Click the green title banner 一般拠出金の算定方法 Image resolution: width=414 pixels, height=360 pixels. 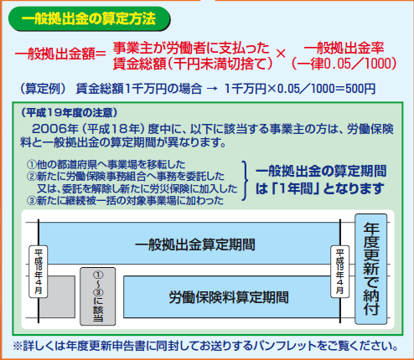click(90, 18)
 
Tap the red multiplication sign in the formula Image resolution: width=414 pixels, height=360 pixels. click(281, 54)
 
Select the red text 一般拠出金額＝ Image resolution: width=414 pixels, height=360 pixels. click(60, 54)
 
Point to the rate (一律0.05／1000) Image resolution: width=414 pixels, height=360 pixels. click(344, 64)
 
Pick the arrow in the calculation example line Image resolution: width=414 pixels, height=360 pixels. click(212, 89)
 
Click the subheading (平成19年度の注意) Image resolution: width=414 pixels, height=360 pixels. click(70, 113)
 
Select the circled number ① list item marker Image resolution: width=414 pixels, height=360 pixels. click(32, 164)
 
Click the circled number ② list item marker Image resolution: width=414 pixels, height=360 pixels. click(32, 177)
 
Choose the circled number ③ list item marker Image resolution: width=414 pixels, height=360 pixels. click(32, 200)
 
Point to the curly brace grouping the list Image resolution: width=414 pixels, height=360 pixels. click(245, 181)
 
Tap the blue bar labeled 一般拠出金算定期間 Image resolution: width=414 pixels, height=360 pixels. click(189, 243)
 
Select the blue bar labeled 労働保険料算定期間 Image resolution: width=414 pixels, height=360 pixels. click(231, 297)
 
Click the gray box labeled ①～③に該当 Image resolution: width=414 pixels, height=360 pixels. click(98, 296)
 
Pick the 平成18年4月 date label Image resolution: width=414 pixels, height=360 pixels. click(39, 271)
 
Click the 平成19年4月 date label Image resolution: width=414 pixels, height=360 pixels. click(340, 271)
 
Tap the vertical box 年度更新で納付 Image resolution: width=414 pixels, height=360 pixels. click(371, 269)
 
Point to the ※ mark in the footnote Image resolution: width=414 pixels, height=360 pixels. click(18, 347)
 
